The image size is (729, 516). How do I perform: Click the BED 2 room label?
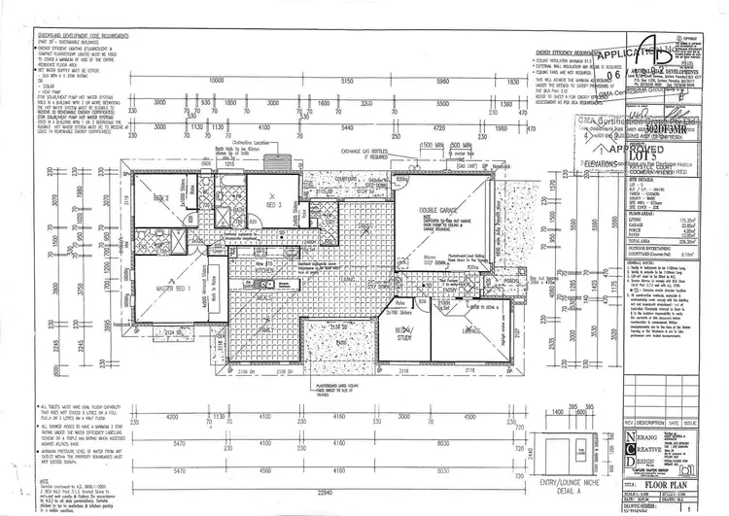(160, 198)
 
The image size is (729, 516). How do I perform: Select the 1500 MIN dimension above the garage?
(433, 144)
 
